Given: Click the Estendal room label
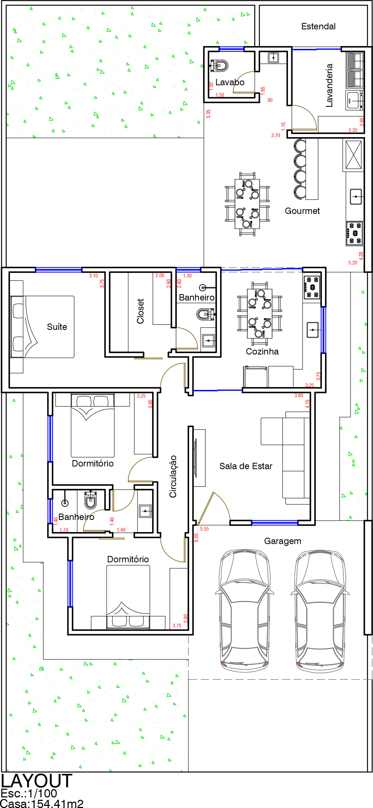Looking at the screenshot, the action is (x=318, y=26).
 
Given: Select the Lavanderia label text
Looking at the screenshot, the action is (x=329, y=85).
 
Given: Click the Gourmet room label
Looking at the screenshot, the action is (x=302, y=211).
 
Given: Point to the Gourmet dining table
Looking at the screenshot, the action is (x=247, y=204).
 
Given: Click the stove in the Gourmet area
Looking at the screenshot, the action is (x=354, y=233).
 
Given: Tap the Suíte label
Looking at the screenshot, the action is (x=57, y=327).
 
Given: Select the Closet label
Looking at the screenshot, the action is (x=140, y=311).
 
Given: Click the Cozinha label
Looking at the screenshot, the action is (x=262, y=351).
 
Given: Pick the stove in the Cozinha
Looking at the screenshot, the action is (x=312, y=287).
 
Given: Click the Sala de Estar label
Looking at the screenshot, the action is (x=246, y=466).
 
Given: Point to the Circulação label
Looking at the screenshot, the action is (x=173, y=477).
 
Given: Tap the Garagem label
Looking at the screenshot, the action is (x=283, y=541).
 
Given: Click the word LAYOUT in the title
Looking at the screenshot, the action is (x=36, y=781).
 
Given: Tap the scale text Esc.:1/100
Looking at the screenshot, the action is (x=29, y=794).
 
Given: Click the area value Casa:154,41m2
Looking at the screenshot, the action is (x=42, y=803).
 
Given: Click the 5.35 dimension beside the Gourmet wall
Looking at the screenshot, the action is (x=208, y=114).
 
